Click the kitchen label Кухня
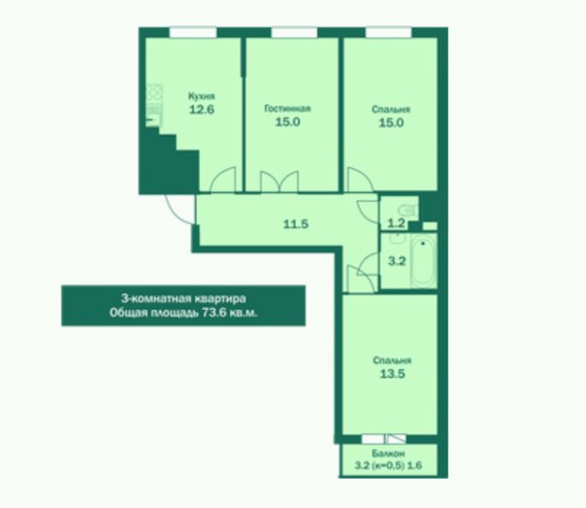click(202, 96)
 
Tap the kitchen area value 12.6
click(202, 110)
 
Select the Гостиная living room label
click(287, 109)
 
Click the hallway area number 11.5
click(296, 224)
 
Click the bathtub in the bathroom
click(424, 261)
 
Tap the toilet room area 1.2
click(396, 223)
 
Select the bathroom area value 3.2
click(397, 260)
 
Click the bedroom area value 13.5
click(392, 374)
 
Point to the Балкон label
click(388, 454)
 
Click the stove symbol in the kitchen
click(154, 93)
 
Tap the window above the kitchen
click(193, 33)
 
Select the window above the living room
click(294, 33)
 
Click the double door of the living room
click(279, 182)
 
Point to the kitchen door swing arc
click(223, 180)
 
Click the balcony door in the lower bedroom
click(397, 439)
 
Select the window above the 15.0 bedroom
click(389, 33)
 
